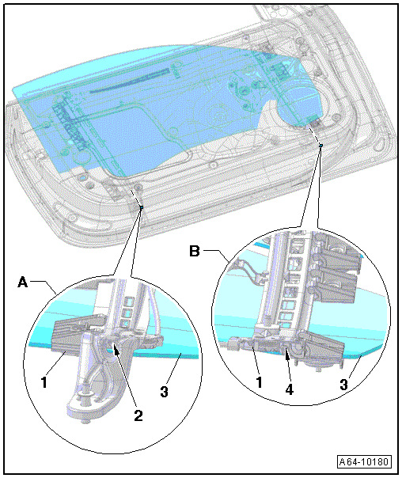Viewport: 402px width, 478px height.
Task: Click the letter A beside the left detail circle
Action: point(23,282)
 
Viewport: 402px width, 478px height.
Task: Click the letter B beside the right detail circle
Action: point(195,252)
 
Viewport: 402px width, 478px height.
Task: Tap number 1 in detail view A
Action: point(44,381)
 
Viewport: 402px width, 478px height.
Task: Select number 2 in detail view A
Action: point(138,415)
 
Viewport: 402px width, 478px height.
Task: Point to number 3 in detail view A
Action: point(165,391)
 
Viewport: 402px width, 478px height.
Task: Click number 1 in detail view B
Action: point(259,381)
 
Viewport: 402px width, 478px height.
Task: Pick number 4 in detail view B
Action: point(289,389)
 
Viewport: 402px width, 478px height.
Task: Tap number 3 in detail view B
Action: point(344,384)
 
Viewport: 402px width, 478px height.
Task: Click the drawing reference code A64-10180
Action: point(364,461)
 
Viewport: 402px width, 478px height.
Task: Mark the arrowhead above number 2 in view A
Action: point(116,348)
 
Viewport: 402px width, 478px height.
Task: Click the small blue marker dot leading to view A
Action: point(141,207)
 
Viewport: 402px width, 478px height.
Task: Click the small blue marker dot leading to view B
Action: point(320,146)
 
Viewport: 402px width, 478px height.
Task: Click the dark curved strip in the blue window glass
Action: point(130,81)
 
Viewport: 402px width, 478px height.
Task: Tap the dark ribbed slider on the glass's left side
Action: point(70,125)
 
